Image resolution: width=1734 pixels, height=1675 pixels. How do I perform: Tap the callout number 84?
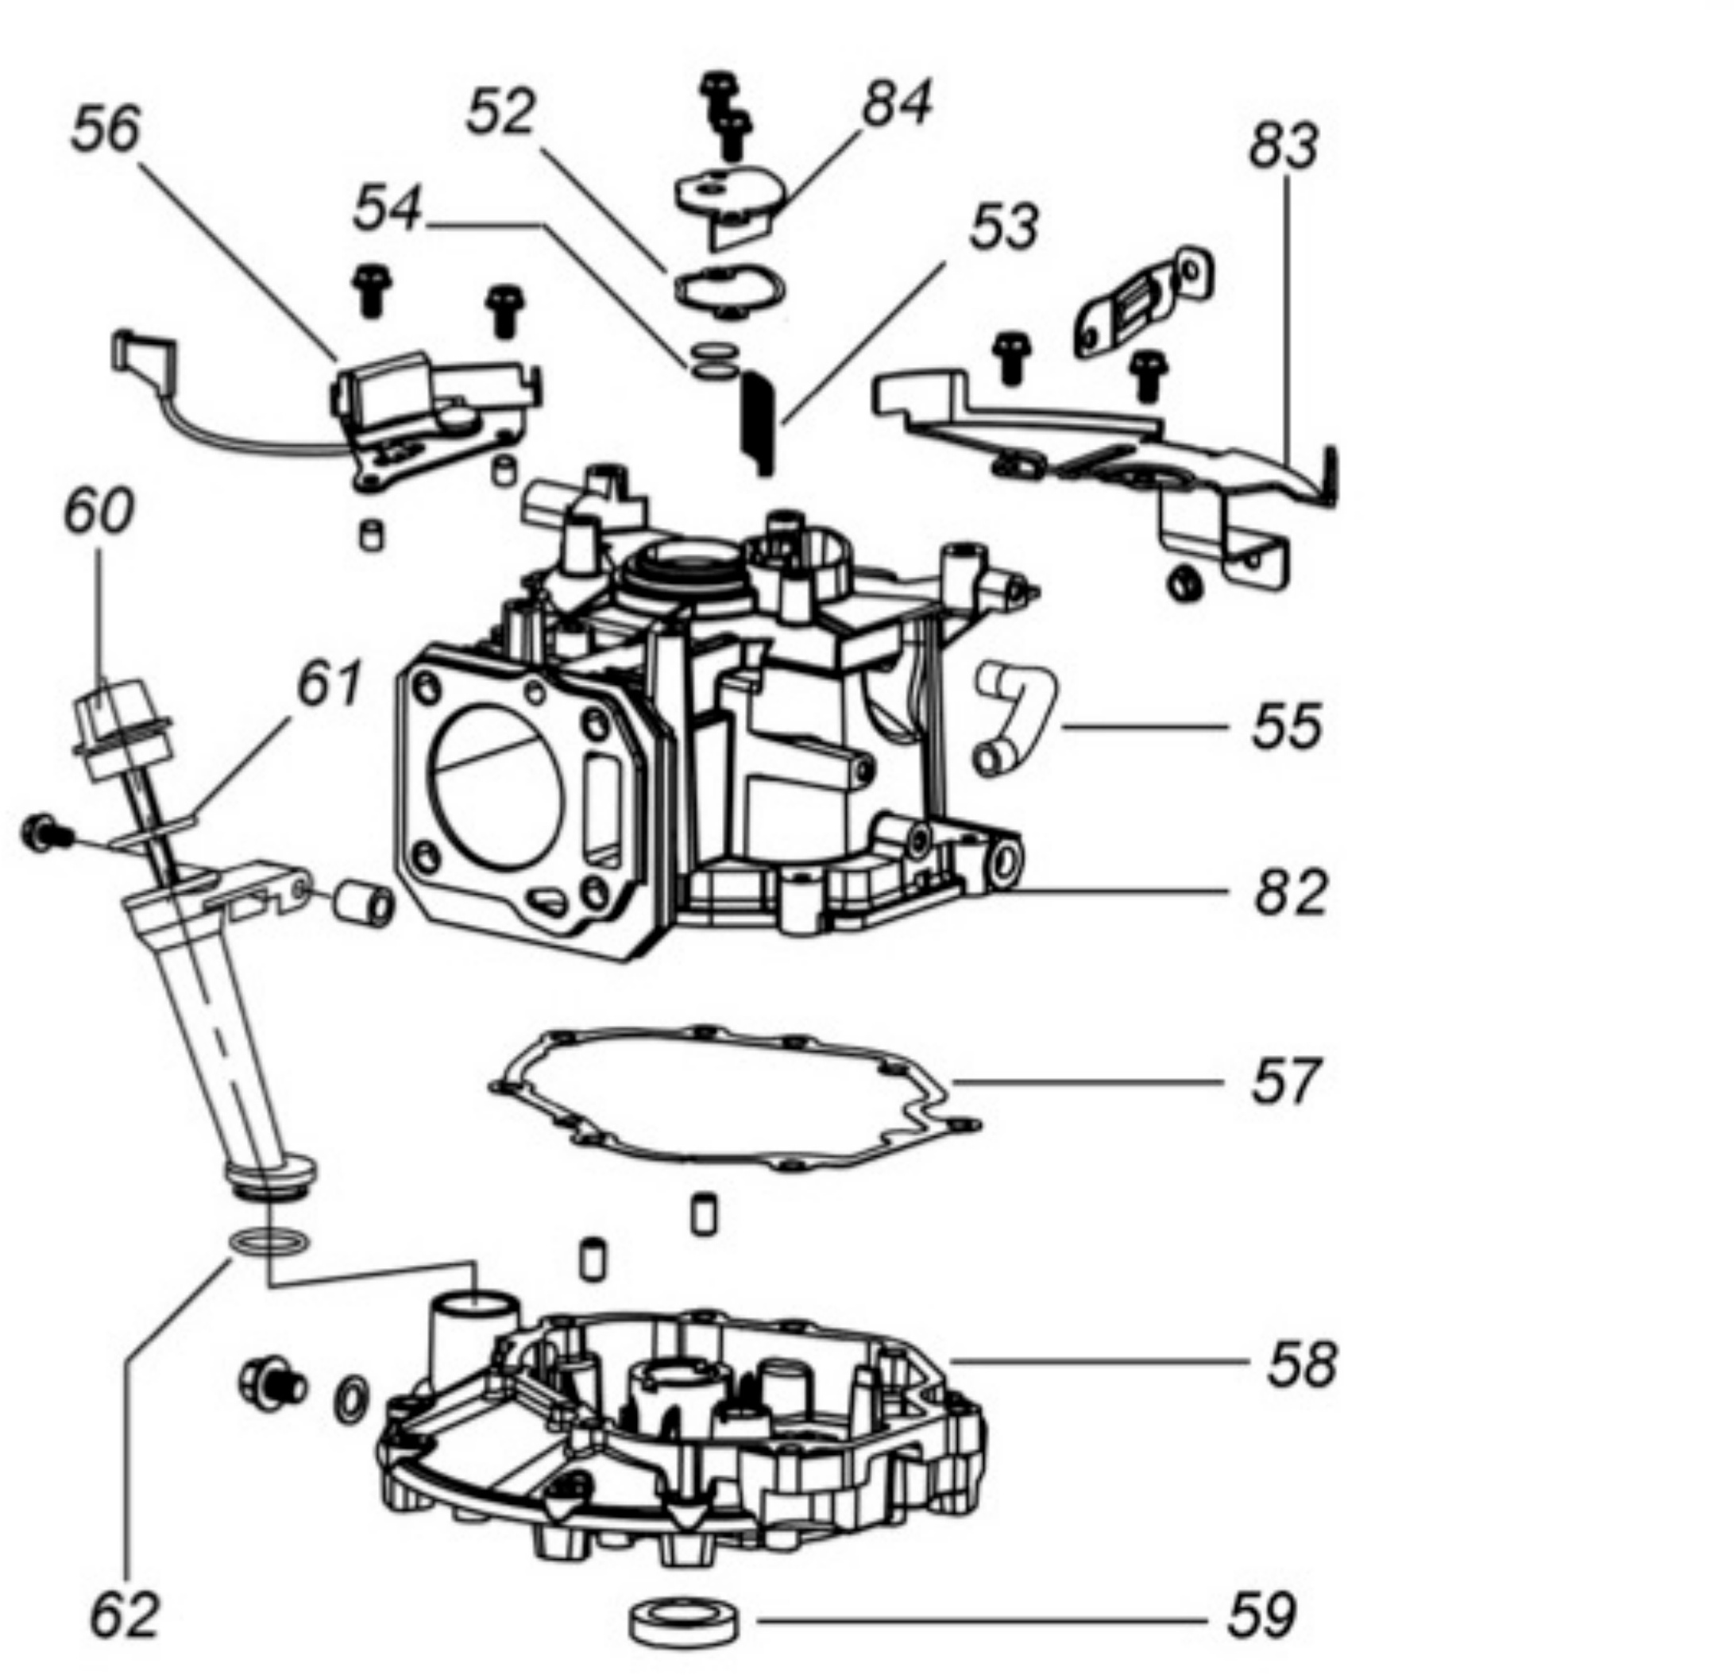[897, 103]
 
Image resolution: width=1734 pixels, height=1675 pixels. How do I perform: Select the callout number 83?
[1284, 146]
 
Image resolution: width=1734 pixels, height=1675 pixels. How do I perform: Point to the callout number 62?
[125, 1615]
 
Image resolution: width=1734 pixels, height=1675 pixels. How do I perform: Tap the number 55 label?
[1288, 726]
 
